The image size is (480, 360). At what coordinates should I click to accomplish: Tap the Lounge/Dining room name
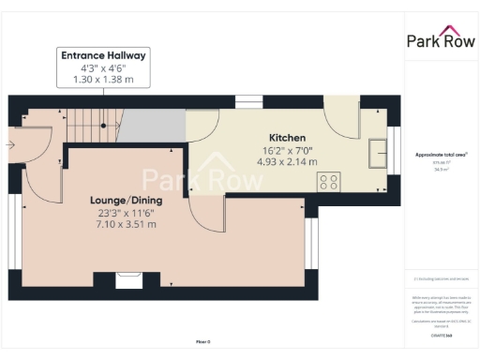[126, 201]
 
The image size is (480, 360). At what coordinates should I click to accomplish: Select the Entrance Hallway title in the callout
[103, 55]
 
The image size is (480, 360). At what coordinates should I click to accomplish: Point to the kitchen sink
[380, 150]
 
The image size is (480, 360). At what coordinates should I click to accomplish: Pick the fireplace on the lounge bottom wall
[127, 278]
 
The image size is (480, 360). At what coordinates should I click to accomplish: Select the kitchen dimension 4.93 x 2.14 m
[287, 161]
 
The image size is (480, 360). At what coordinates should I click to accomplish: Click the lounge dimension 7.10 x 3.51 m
[126, 225]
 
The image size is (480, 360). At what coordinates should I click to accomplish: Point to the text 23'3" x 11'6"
[126, 213]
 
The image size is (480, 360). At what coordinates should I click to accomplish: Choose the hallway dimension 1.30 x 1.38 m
[103, 80]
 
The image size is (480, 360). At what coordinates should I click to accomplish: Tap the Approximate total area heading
[441, 155]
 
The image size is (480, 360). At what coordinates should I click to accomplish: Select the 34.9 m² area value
[440, 170]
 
